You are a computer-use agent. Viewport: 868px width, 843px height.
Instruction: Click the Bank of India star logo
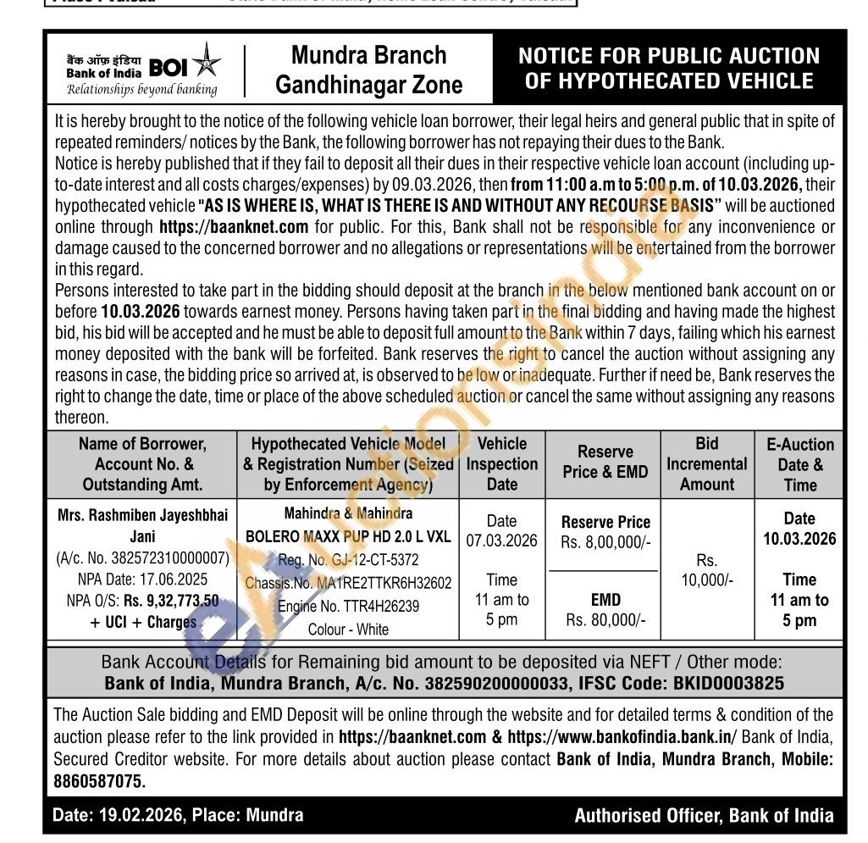(x=205, y=66)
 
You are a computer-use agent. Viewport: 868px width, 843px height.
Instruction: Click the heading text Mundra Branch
(x=368, y=55)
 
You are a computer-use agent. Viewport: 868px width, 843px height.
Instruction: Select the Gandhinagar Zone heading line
(x=369, y=85)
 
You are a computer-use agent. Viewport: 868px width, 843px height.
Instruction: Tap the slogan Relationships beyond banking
(x=141, y=89)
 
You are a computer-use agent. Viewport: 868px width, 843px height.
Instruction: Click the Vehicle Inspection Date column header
(x=502, y=463)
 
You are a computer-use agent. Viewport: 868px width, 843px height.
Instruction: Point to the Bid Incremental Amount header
(x=706, y=463)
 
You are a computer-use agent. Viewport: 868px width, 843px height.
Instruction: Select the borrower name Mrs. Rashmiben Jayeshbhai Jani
(x=142, y=524)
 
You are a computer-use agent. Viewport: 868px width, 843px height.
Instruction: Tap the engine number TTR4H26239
(x=373, y=606)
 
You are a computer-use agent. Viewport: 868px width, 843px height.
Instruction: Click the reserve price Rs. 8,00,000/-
(x=605, y=542)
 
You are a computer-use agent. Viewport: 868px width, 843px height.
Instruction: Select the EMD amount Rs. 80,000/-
(x=605, y=620)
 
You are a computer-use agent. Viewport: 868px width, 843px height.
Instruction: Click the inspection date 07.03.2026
(x=501, y=541)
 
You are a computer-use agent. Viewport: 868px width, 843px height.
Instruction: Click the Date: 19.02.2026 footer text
(x=115, y=815)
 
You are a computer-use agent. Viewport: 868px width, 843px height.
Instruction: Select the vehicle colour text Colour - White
(x=348, y=629)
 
